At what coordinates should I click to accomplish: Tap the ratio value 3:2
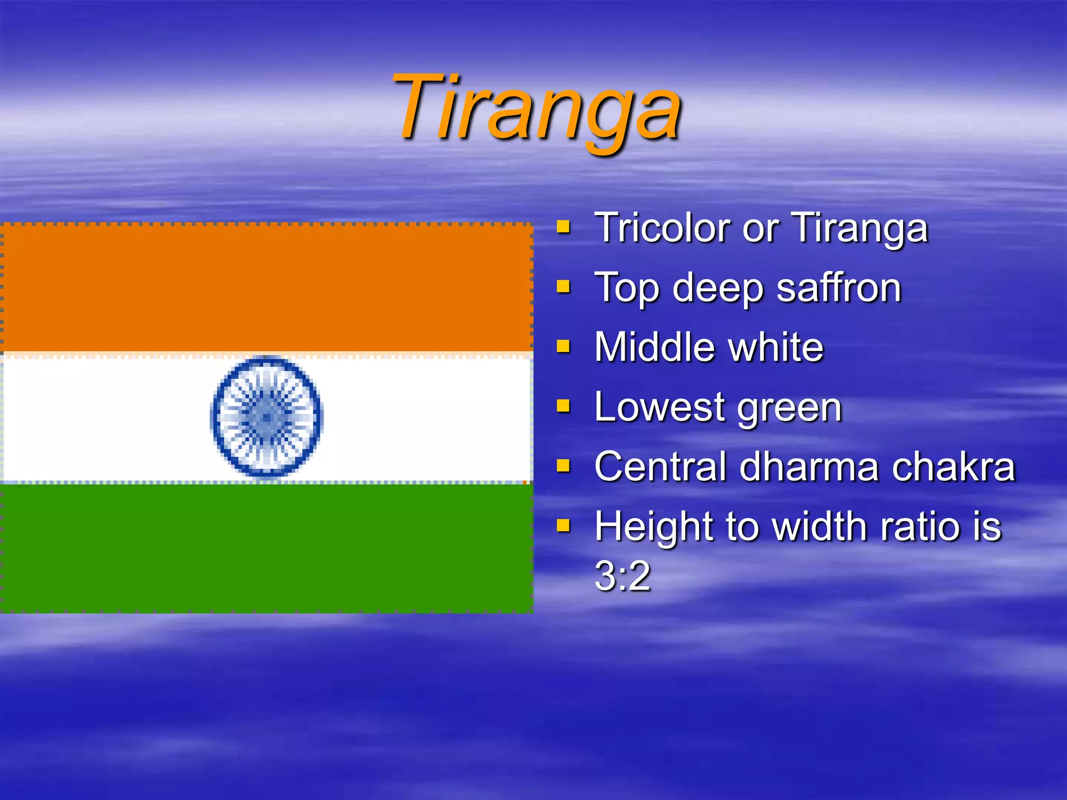[623, 576]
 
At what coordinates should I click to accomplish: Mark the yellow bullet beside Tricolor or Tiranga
[563, 227]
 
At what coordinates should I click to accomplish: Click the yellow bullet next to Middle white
[563, 346]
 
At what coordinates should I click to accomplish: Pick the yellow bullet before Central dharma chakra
[563, 466]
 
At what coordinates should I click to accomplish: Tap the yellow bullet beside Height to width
[563, 526]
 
